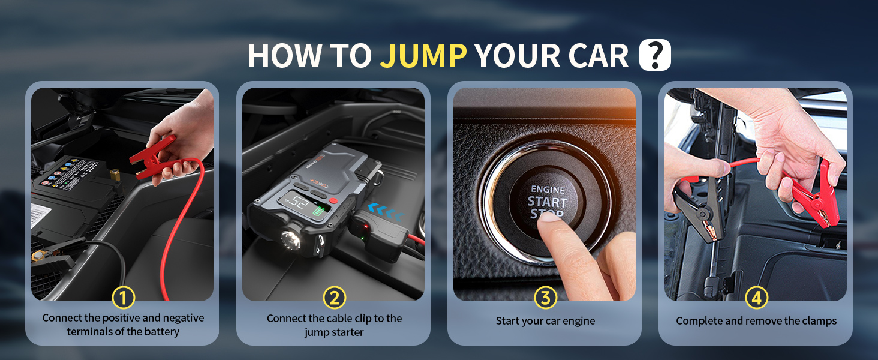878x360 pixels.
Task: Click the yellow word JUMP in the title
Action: pyautogui.click(x=423, y=56)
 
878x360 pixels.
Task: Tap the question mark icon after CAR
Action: pyautogui.click(x=655, y=56)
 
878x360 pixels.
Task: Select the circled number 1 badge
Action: pyautogui.click(x=124, y=297)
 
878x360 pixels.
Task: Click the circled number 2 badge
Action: pyautogui.click(x=335, y=297)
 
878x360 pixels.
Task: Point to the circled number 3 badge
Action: pyautogui.click(x=545, y=297)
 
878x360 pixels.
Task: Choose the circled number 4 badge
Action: pyautogui.click(x=756, y=297)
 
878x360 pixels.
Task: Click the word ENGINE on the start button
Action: pyautogui.click(x=548, y=190)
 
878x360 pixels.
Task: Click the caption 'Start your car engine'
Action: pyautogui.click(x=545, y=321)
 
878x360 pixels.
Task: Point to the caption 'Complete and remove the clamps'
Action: pyautogui.click(x=756, y=321)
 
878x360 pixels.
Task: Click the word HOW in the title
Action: pyautogui.click(x=281, y=56)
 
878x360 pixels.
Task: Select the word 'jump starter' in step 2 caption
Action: pyautogui.click(x=334, y=332)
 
